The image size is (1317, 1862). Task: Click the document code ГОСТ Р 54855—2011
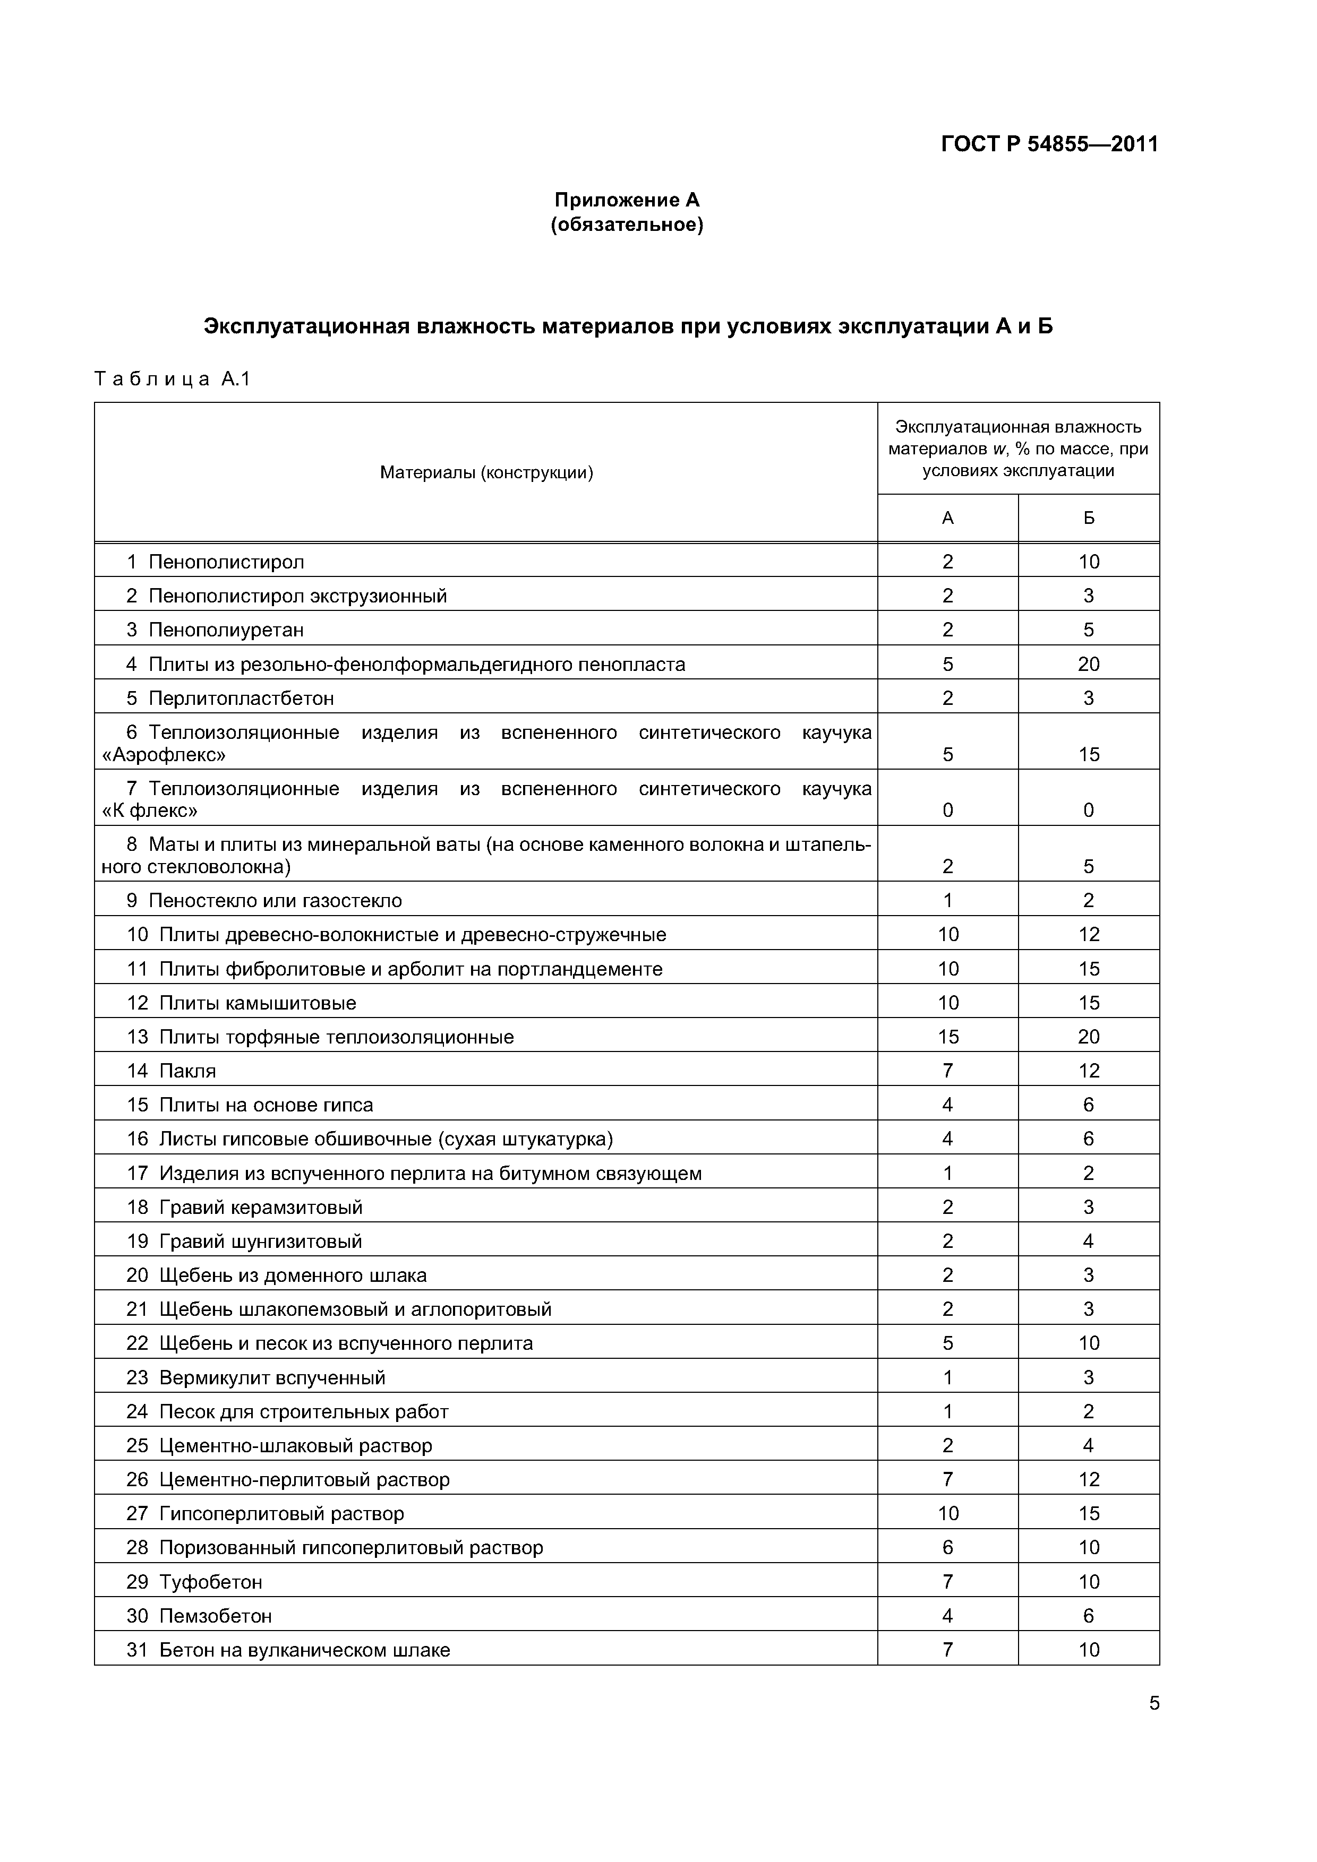click(x=1049, y=144)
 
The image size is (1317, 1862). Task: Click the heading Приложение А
click(x=627, y=200)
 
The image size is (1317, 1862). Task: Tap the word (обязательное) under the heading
click(x=627, y=225)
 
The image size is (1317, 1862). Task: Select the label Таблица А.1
click(x=173, y=379)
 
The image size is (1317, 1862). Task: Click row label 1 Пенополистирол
click(x=215, y=562)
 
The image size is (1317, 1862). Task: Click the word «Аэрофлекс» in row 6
click(x=164, y=755)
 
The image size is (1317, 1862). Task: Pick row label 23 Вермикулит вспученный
click(x=255, y=1378)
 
